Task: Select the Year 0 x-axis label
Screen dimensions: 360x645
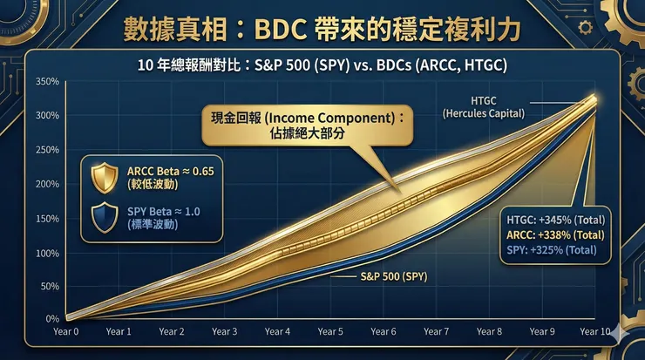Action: tap(64, 331)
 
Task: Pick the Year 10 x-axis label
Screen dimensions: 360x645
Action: tap(595, 331)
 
